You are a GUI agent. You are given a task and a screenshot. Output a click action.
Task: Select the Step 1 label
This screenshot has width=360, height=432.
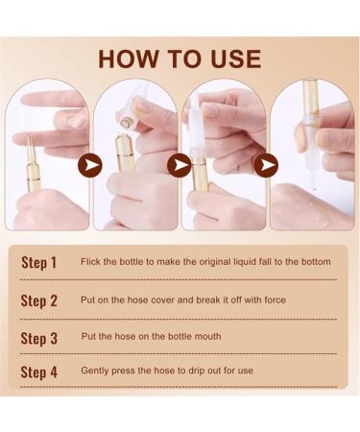(38, 262)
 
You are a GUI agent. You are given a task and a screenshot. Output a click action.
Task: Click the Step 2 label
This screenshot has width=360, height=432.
(38, 300)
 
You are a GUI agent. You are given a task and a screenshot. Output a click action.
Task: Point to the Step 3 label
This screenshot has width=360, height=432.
(38, 338)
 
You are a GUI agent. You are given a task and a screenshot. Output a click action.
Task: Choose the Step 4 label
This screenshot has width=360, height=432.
(38, 372)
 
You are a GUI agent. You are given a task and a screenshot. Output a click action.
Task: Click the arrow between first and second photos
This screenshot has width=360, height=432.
(90, 165)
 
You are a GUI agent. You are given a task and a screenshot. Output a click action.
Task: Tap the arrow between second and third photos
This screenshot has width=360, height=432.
(179, 165)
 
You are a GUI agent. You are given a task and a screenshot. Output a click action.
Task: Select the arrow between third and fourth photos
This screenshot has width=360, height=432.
(266, 165)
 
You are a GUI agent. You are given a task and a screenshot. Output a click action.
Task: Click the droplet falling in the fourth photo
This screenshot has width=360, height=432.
(315, 189)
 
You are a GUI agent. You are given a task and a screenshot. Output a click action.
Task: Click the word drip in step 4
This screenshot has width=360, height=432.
(197, 371)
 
